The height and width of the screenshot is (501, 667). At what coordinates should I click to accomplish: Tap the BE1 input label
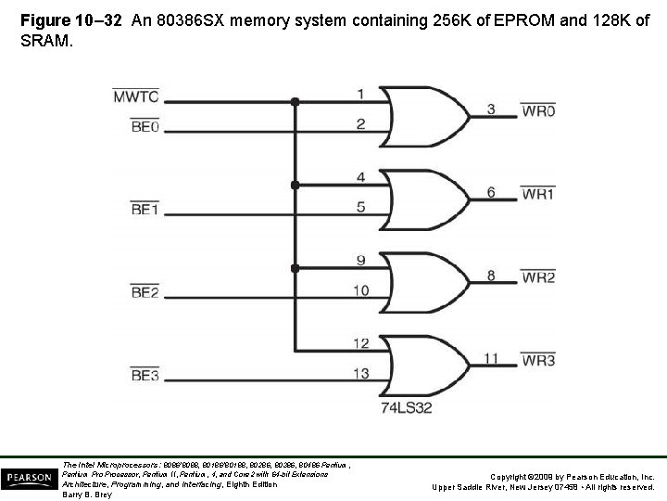pos(145,210)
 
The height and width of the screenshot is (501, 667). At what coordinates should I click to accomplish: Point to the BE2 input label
pos(145,293)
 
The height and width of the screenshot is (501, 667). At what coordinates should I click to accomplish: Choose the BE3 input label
pos(145,375)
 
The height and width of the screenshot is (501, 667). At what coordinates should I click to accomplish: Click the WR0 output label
pos(539,111)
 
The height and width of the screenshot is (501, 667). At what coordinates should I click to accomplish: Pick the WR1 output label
pos(539,195)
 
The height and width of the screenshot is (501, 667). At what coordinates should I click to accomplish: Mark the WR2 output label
pos(539,276)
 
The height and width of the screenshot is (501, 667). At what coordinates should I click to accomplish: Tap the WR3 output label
pos(539,359)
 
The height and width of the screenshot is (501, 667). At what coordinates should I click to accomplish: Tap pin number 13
pos(361,373)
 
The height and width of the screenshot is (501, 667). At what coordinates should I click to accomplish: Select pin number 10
pos(361,290)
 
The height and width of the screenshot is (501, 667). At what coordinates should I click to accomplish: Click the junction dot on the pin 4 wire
pos(295,186)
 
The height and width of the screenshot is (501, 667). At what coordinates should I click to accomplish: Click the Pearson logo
pos(27,479)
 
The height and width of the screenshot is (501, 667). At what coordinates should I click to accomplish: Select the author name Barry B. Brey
pos(87,495)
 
